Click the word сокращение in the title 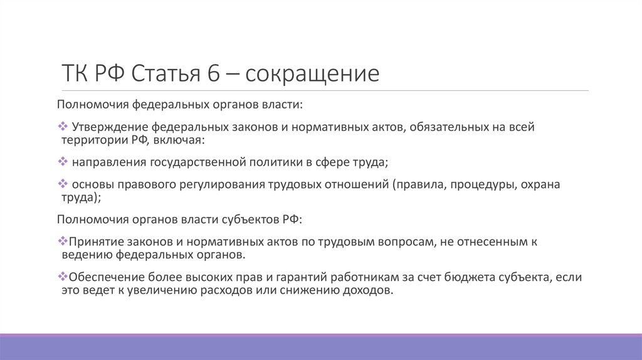point(312,74)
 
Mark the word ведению point(87,255)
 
